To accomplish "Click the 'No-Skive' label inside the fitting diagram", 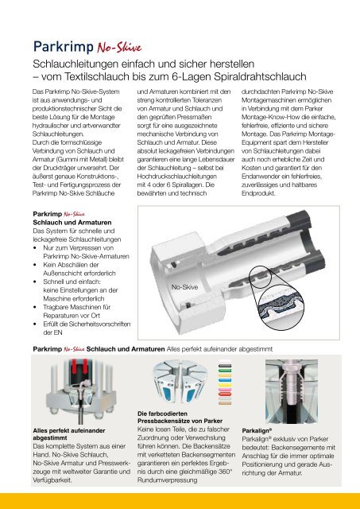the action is pyautogui.click(x=184, y=287).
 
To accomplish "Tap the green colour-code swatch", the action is pyautogui.click(x=225, y=370).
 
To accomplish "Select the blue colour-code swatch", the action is pyautogui.click(x=225, y=380).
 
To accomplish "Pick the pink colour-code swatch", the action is pyautogui.click(x=225, y=389).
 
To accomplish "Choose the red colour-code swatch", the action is pyautogui.click(x=225, y=394).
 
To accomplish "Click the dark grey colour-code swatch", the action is pyautogui.click(x=225, y=366).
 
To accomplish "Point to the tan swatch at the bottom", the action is pyautogui.click(x=225, y=403).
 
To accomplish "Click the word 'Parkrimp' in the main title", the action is pyautogui.click(x=64, y=47).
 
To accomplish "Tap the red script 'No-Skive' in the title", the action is pyautogui.click(x=119, y=48).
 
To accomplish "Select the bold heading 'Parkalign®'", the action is pyautogui.click(x=257, y=431).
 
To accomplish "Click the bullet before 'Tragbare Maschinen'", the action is pyautogui.click(x=35, y=307).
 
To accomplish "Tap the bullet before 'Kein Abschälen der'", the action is pyautogui.click(x=35, y=265).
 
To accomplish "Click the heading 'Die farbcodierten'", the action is pyautogui.click(x=162, y=414).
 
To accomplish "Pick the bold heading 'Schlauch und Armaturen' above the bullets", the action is pyautogui.click(x=72, y=223).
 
